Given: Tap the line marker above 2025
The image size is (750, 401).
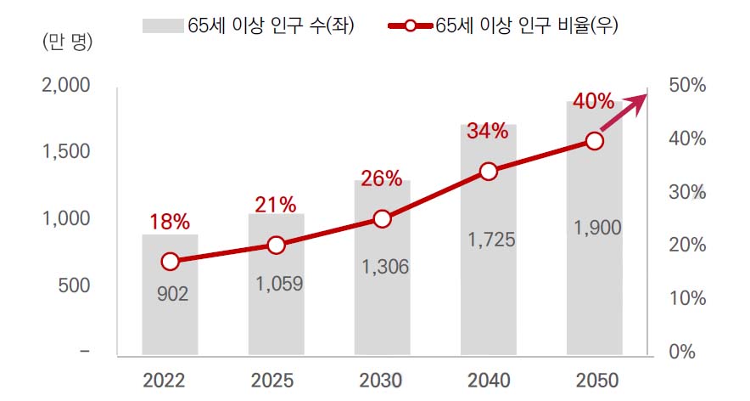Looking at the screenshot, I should click(277, 245).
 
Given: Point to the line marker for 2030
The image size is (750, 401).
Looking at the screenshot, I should click(383, 219).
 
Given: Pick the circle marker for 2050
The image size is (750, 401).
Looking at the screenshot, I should click(595, 141).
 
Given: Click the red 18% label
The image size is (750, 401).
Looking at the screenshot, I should click(171, 223).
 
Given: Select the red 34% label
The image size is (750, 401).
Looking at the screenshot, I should click(488, 131).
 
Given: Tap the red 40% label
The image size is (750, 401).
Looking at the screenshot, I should click(594, 102).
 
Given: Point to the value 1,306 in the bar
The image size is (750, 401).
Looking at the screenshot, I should click(384, 267).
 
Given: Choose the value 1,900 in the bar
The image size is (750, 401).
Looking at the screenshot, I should click(596, 228).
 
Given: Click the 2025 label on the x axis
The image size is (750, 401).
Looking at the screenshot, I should click(276, 379).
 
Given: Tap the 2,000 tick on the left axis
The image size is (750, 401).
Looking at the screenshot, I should click(65, 86).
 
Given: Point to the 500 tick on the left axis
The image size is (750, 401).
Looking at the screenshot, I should click(76, 285).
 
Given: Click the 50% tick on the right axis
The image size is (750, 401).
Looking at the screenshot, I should click(687, 86).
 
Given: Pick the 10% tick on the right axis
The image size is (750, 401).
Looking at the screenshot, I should click(687, 298).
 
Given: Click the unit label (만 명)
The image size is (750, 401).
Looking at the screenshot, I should click(67, 40).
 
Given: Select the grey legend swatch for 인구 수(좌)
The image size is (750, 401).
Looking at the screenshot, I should click(163, 25).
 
